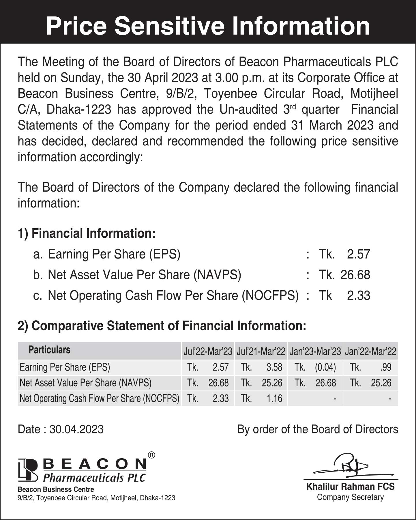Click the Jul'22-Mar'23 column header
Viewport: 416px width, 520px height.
click(208, 351)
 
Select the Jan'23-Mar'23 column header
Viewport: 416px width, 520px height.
click(315, 351)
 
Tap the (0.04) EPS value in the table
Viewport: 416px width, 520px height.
click(325, 367)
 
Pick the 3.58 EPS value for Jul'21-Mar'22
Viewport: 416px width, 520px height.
click(274, 367)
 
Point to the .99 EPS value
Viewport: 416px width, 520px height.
click(386, 367)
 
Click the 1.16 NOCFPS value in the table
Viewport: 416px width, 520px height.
click(274, 399)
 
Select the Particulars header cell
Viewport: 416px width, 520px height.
click(49, 350)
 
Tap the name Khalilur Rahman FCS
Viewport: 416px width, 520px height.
click(350, 487)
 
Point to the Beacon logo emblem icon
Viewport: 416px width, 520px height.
click(28, 470)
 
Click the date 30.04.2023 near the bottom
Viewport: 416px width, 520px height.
click(76, 429)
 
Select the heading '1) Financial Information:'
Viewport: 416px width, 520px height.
click(87, 233)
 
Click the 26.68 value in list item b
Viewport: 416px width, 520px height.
click(355, 275)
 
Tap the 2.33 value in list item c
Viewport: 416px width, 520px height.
click(358, 296)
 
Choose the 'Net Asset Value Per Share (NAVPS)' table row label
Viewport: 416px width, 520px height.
click(85, 383)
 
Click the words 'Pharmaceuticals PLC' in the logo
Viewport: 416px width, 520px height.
click(94, 478)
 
